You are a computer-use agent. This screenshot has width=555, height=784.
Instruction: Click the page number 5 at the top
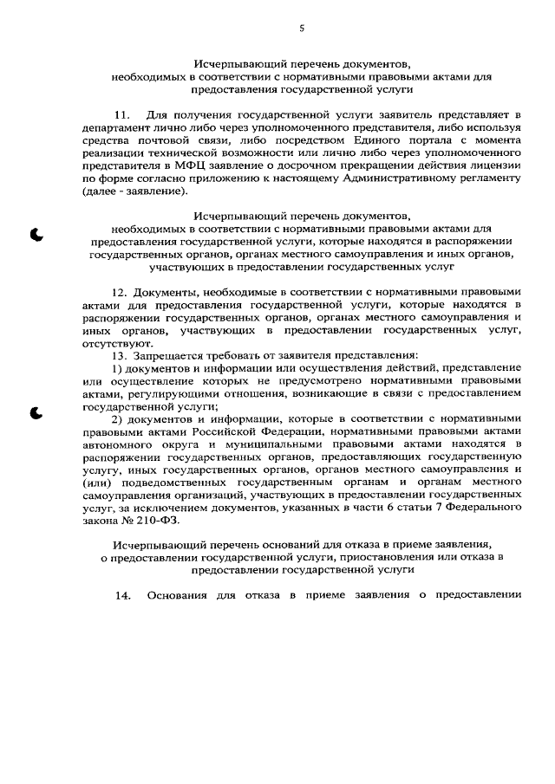(x=301, y=28)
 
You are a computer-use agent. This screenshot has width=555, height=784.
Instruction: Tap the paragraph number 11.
(x=122, y=114)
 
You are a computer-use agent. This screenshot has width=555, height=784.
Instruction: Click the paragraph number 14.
(x=122, y=595)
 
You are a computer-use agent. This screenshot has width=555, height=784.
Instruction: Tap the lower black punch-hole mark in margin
(x=37, y=412)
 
